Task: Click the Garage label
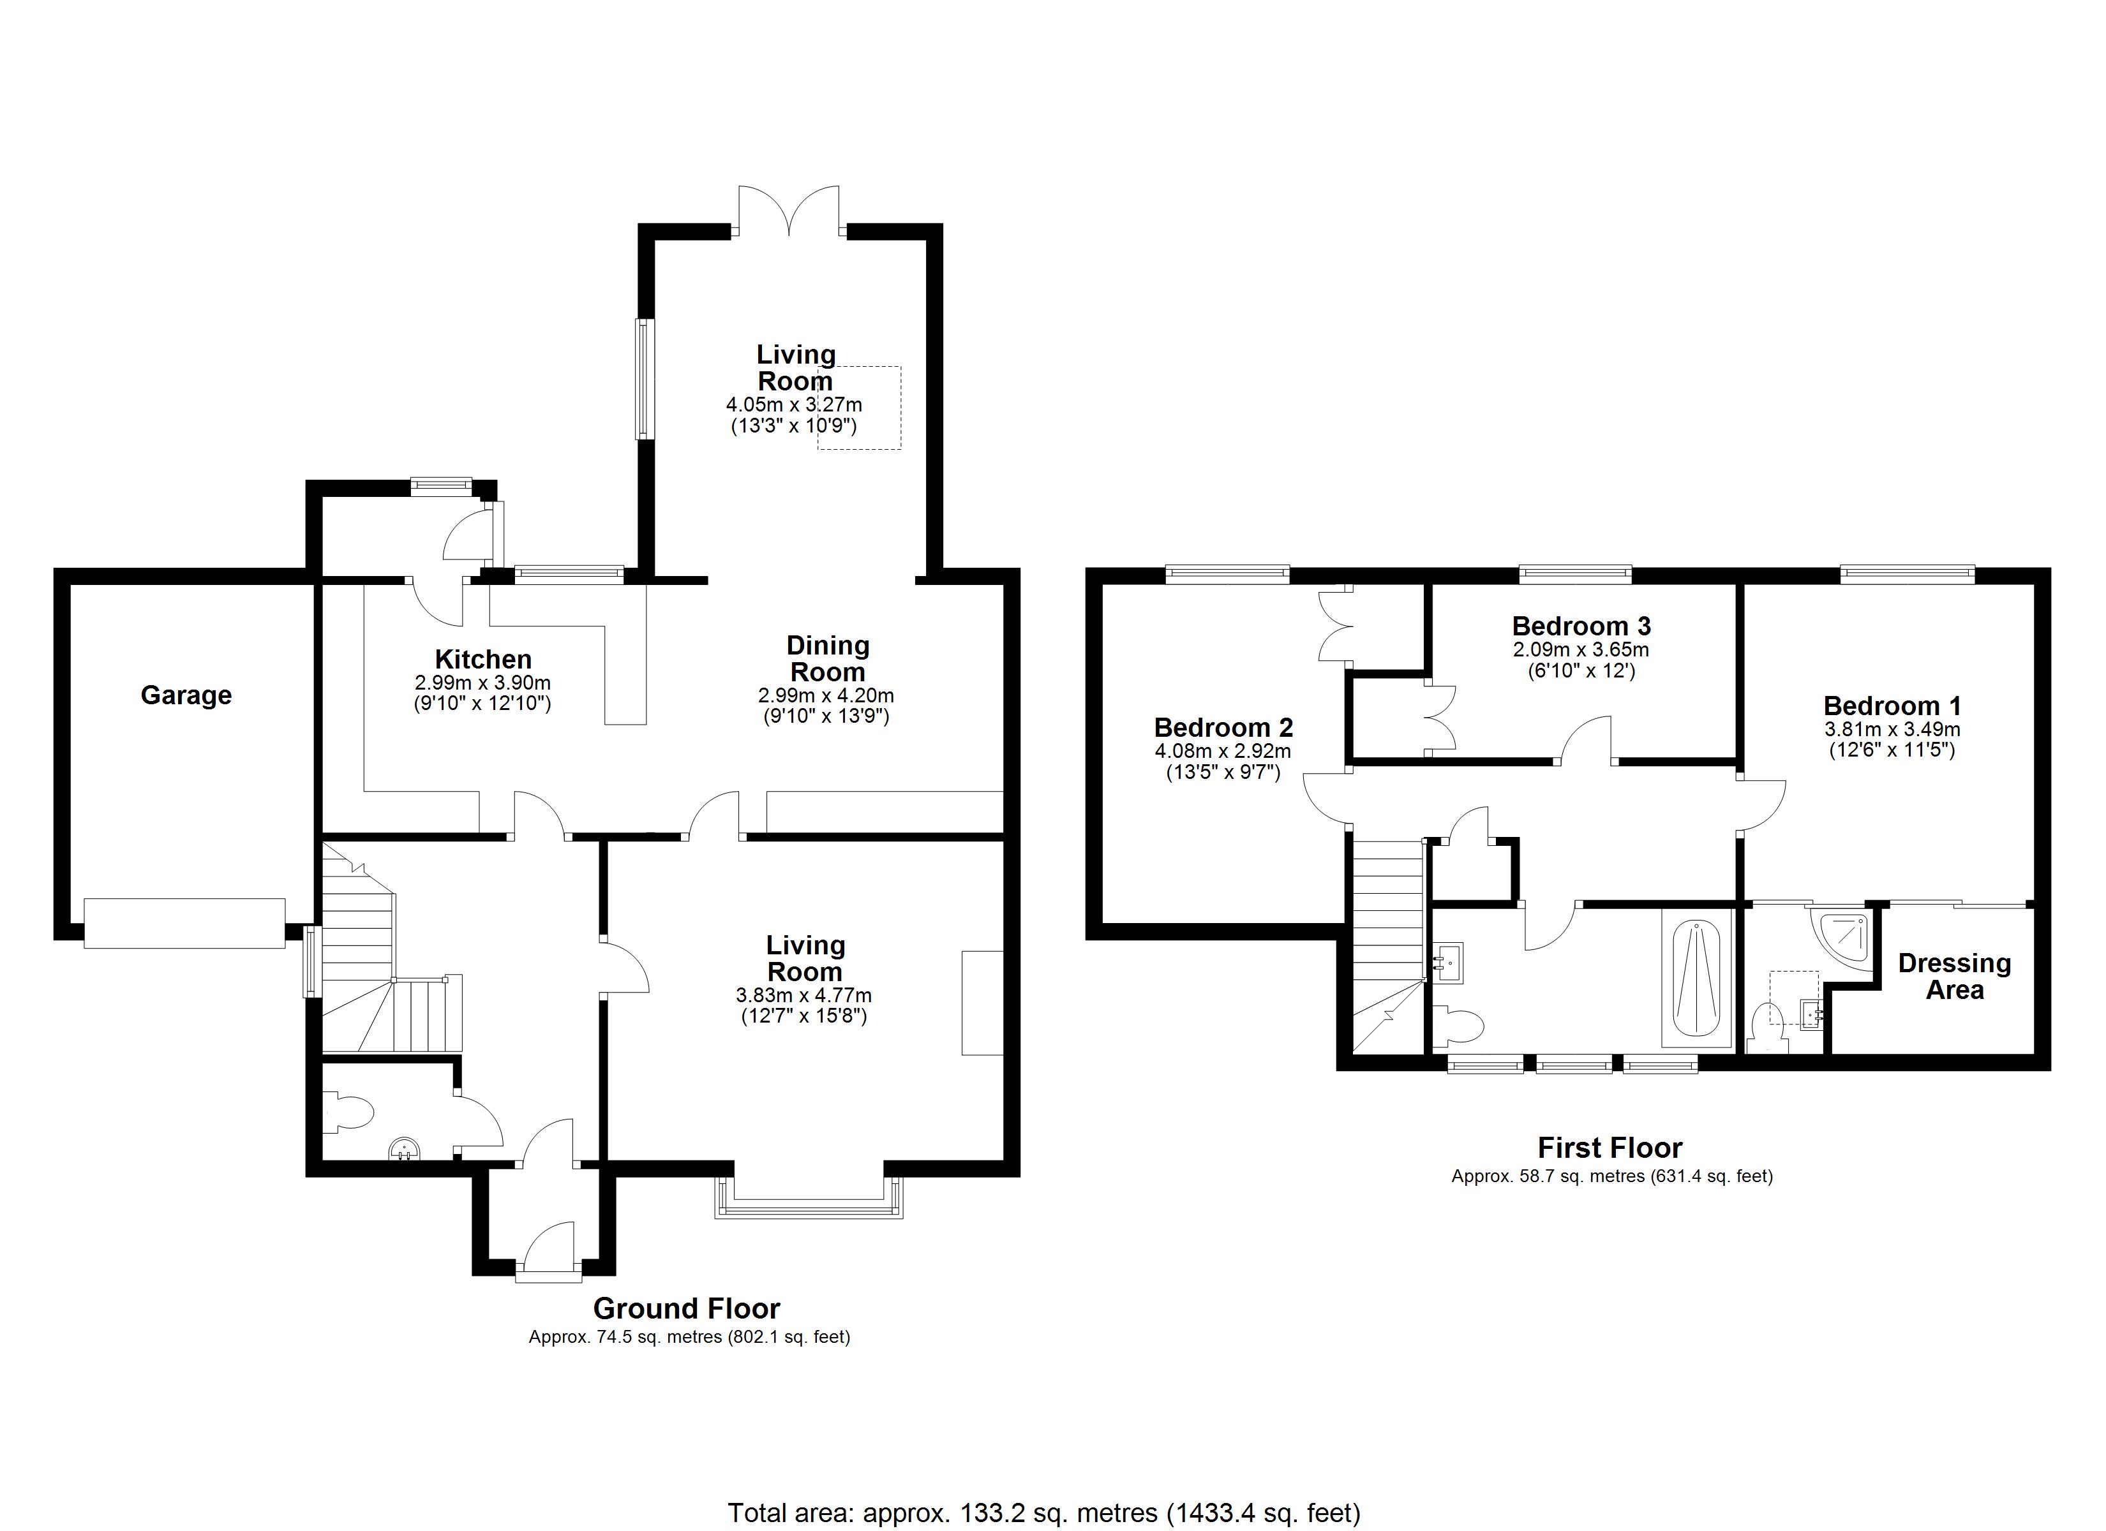[x=186, y=695]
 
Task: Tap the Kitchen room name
[x=483, y=659]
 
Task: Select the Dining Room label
[x=827, y=658]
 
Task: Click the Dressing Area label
[x=1953, y=977]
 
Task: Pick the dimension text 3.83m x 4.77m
[x=803, y=995]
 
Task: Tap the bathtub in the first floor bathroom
[x=1696, y=979]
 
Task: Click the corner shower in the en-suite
[x=1841, y=938]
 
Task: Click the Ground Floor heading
[x=686, y=1309]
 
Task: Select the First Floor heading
[x=1609, y=1148]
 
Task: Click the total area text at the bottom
[x=1043, y=1513]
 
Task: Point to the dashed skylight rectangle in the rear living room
[x=859, y=408]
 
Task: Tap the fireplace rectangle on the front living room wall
[x=982, y=1003]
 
